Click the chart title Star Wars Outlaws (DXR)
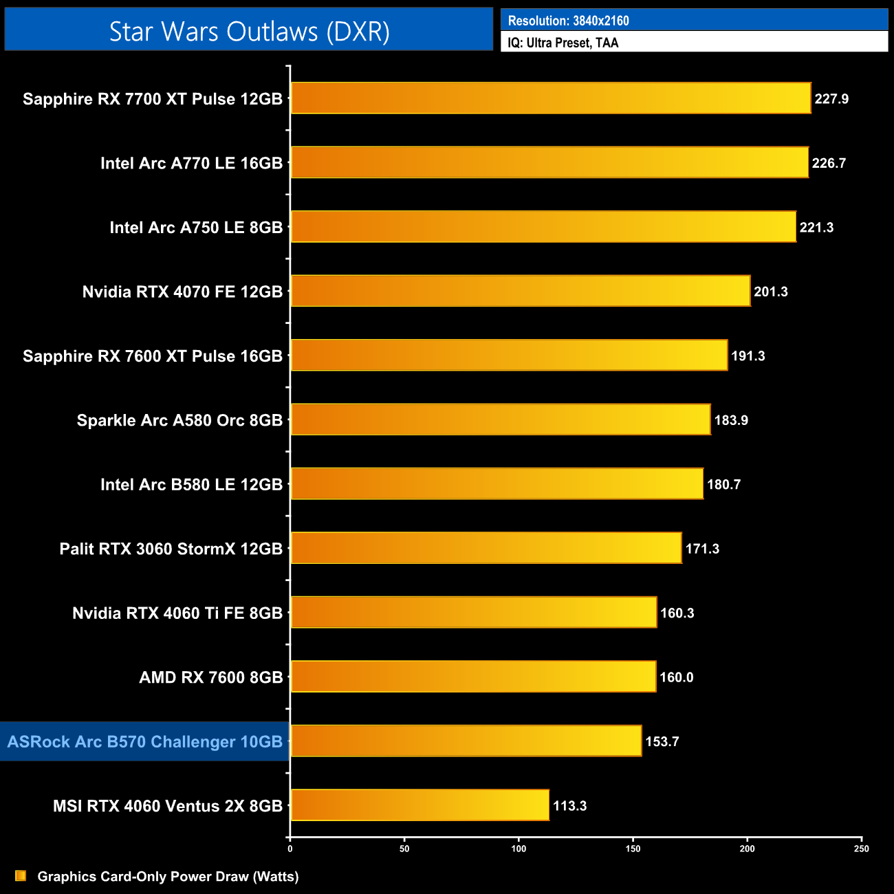[249, 32]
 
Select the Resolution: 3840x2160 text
[568, 21]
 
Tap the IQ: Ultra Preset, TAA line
[563, 43]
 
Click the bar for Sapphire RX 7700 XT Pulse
[550, 98]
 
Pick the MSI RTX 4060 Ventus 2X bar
[419, 805]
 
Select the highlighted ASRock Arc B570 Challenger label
[145, 741]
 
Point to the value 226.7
[829, 163]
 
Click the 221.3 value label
[816, 228]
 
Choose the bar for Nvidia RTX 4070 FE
[520, 292]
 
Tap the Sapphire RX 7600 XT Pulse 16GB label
[153, 356]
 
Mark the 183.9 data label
[731, 420]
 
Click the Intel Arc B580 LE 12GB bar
[497, 484]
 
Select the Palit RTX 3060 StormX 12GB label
[171, 549]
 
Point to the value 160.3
[677, 613]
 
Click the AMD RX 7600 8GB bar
[473, 677]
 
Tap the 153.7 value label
[662, 741]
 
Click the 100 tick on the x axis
[519, 849]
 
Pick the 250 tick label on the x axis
[862, 849]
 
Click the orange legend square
[21, 875]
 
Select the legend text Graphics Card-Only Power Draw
[168, 876]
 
